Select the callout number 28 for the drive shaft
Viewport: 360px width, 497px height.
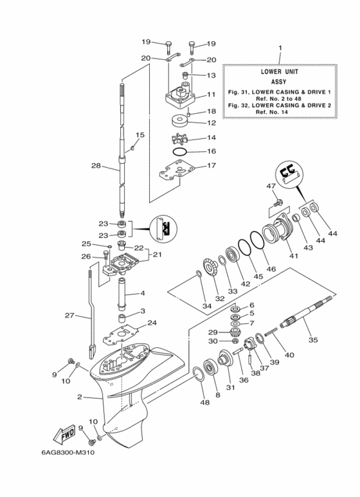(96, 166)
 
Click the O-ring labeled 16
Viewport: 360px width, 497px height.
(182, 152)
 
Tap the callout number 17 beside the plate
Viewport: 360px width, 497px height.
(210, 166)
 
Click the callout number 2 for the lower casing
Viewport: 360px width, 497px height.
(80, 397)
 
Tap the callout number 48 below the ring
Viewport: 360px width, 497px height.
(204, 403)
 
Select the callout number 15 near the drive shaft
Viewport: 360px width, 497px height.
(138, 134)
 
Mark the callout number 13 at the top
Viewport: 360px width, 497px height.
(210, 75)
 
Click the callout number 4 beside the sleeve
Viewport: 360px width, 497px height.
(143, 294)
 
